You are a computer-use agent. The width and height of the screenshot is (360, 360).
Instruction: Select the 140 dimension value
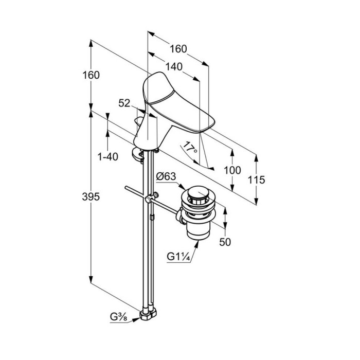coord(174,66)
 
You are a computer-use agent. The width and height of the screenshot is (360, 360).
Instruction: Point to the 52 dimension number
coord(124,103)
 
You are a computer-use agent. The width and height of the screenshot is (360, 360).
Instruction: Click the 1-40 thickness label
coord(107,156)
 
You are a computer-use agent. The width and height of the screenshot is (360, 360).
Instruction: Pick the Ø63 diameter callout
coord(166,177)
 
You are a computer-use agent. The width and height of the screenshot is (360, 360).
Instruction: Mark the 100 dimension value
coord(233,171)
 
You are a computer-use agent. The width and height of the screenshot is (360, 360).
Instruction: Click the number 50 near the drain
coord(225,242)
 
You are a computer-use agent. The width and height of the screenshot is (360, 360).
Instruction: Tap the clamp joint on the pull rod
coord(151,198)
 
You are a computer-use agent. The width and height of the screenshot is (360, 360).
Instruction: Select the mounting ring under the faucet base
coord(139,153)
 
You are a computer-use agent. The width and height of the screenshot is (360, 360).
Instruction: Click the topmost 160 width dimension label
coord(177,49)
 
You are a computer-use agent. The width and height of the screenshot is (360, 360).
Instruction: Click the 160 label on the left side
coord(91,75)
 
